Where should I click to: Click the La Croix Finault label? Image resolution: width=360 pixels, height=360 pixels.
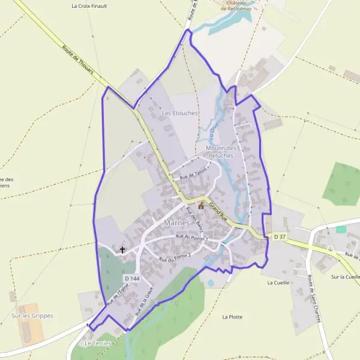pos(89,7)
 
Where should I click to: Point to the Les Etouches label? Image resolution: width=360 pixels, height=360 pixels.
pos(179,113)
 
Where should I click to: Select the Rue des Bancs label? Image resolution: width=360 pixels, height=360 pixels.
pos(194,217)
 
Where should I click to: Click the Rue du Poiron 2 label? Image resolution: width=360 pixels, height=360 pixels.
pos(174,258)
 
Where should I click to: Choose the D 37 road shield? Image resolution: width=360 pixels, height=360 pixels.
pos(280,237)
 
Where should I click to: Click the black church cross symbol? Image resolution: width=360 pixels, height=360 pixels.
pos(123,250)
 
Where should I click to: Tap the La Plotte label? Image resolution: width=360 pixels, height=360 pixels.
pos(232,317)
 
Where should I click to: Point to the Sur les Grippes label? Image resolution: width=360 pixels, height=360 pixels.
pos(32,316)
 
